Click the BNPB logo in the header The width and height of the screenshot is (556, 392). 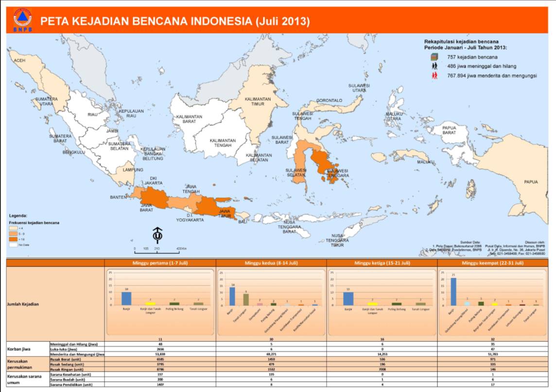22,19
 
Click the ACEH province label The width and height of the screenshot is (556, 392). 19,60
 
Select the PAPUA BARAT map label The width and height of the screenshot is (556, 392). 449,130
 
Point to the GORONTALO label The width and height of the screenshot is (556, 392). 329,101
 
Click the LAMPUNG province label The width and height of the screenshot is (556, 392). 133,170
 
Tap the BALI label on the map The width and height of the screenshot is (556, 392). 242,222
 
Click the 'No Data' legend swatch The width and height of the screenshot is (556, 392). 14,245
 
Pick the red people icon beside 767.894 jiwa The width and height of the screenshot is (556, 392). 434,75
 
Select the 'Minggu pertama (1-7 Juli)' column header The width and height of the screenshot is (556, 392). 160,263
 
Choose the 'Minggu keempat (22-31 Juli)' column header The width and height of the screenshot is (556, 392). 493,263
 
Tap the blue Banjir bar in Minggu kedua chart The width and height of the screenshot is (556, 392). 232,296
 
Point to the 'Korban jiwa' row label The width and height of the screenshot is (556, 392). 17,349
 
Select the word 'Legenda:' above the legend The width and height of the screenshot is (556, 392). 18,215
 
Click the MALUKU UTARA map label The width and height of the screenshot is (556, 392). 394,116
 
